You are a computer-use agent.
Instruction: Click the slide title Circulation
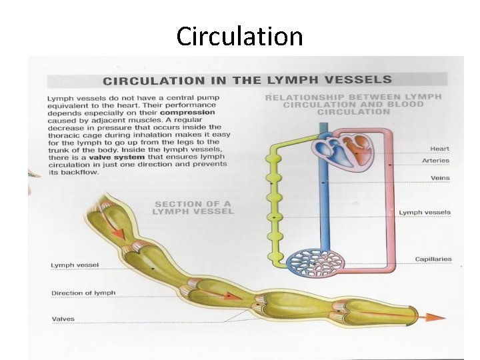pyautogui.click(x=239, y=36)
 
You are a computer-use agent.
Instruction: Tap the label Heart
pyautogui.click(x=440, y=149)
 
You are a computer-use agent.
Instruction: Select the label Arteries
pyautogui.click(x=436, y=161)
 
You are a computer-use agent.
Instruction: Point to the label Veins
pyautogui.click(x=440, y=178)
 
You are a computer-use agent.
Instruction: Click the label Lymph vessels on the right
pyautogui.click(x=425, y=213)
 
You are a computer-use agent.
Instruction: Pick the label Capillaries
pyautogui.click(x=433, y=259)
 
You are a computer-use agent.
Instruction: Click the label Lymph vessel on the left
pyautogui.click(x=75, y=265)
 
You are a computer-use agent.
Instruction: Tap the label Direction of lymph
pyautogui.click(x=83, y=293)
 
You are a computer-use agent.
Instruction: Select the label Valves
pyautogui.click(x=63, y=319)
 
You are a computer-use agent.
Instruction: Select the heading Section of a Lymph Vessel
pyautogui.click(x=194, y=207)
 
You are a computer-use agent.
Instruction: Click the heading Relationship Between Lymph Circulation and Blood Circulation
pyautogui.click(x=353, y=104)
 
